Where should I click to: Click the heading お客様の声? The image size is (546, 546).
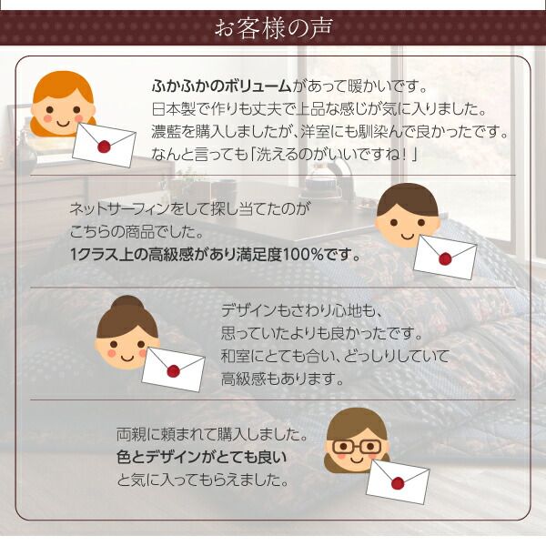pyautogui.click(x=272, y=28)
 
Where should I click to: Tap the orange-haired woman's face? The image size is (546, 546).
pyautogui.click(x=63, y=108)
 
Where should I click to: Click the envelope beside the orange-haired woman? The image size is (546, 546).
pyautogui.click(x=104, y=139)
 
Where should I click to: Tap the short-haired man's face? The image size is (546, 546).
pyautogui.click(x=407, y=222)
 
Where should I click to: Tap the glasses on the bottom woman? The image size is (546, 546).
pyautogui.click(x=357, y=447)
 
